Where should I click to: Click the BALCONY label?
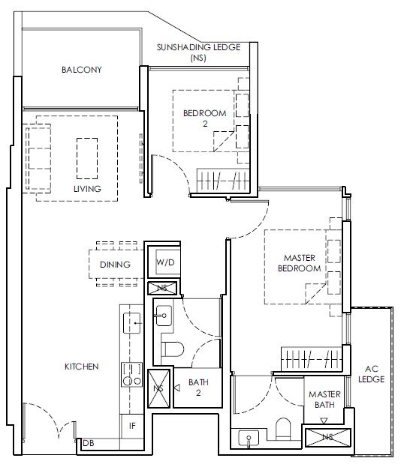82,70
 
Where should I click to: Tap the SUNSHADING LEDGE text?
198,47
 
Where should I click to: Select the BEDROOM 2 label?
205,118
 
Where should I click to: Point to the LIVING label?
87,189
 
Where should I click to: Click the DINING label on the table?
115,265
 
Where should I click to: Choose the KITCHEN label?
82,367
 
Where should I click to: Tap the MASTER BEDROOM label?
300,263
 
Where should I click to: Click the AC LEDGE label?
371,374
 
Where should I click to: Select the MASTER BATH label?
324,400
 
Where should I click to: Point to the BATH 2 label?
198,388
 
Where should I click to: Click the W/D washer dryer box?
165,262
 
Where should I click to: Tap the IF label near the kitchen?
132,426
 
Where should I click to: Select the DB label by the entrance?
88,443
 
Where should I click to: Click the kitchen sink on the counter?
132,323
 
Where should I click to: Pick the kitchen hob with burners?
131,375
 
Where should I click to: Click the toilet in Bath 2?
173,349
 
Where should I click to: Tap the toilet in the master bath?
283,429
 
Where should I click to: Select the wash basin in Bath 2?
164,316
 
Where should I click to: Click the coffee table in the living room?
87,158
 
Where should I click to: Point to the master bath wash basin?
249,438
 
